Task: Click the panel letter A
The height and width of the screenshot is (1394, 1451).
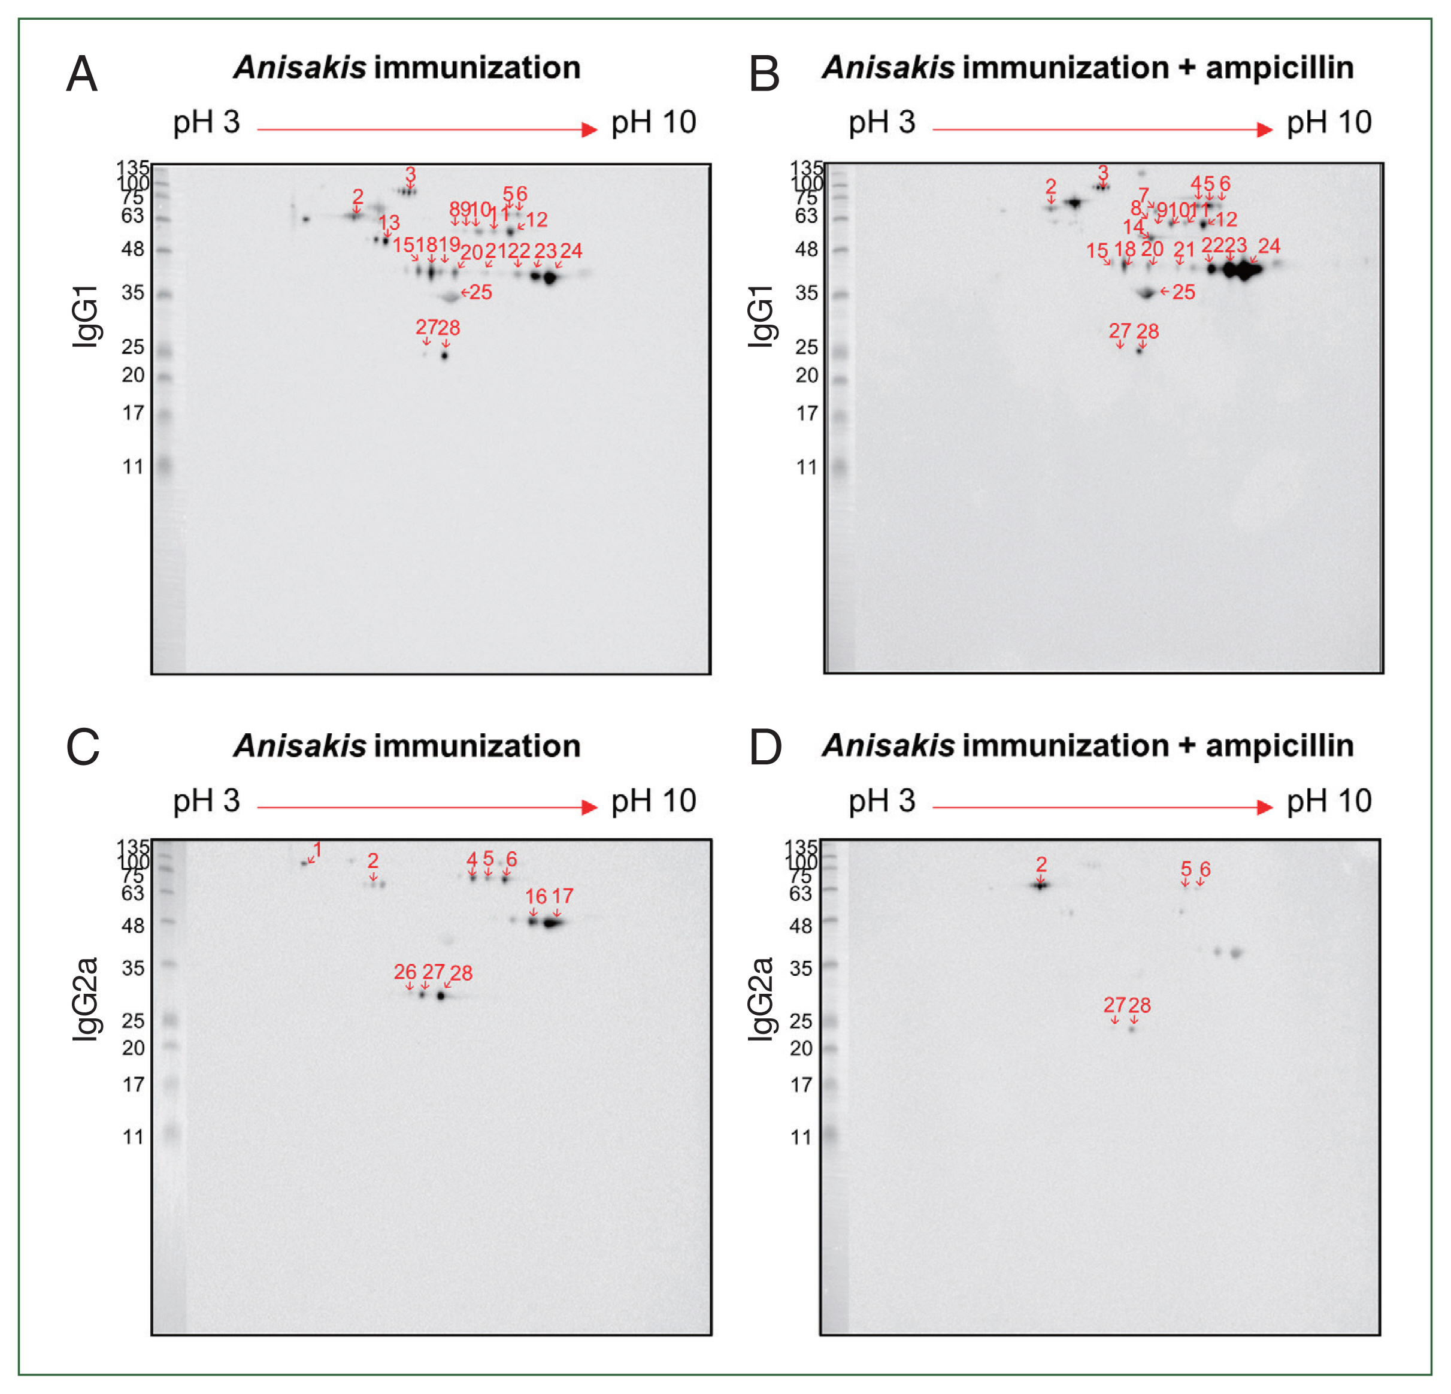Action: pyautogui.click(x=81, y=74)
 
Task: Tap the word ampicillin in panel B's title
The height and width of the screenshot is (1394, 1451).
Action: pyautogui.click(x=1279, y=68)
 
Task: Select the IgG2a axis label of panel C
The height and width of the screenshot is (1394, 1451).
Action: pyautogui.click(x=86, y=999)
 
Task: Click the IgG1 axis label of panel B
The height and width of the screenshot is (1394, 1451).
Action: pyautogui.click(x=761, y=316)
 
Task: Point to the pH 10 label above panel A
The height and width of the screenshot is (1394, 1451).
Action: pyautogui.click(x=653, y=122)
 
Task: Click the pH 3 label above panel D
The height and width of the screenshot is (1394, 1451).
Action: pyautogui.click(x=881, y=801)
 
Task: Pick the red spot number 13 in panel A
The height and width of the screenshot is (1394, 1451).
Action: pyautogui.click(x=389, y=222)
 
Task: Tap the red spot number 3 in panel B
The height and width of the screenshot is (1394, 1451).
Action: pyautogui.click(x=1103, y=173)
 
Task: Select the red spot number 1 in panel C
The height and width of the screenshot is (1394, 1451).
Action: pyautogui.click(x=317, y=848)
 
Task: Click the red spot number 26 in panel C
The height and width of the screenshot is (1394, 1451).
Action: pyautogui.click(x=405, y=971)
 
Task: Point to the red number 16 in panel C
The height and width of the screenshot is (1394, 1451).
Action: pyautogui.click(x=535, y=896)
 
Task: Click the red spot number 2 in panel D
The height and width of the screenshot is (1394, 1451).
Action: pyautogui.click(x=1041, y=864)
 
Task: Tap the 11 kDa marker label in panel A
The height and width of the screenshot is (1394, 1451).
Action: pyautogui.click(x=132, y=467)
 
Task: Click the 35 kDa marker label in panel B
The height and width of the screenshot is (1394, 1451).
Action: pyautogui.click(x=806, y=292)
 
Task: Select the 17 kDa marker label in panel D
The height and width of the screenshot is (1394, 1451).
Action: pyautogui.click(x=801, y=1084)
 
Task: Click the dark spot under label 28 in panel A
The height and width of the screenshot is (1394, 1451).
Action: pyautogui.click(x=444, y=355)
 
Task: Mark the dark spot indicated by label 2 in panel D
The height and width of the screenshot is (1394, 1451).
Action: pyautogui.click(x=1041, y=884)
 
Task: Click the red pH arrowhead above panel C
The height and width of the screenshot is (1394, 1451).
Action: pyautogui.click(x=589, y=808)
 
